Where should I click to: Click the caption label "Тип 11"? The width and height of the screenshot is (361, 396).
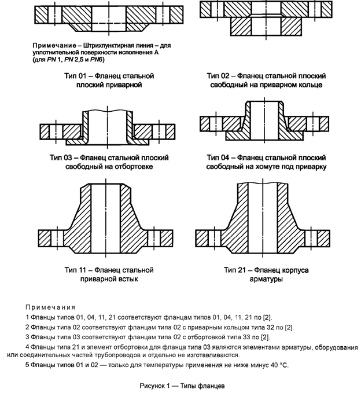(x=76, y=270)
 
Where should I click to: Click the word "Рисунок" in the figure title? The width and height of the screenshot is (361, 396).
(x=152, y=386)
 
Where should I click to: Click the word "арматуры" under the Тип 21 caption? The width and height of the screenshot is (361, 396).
(x=266, y=279)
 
